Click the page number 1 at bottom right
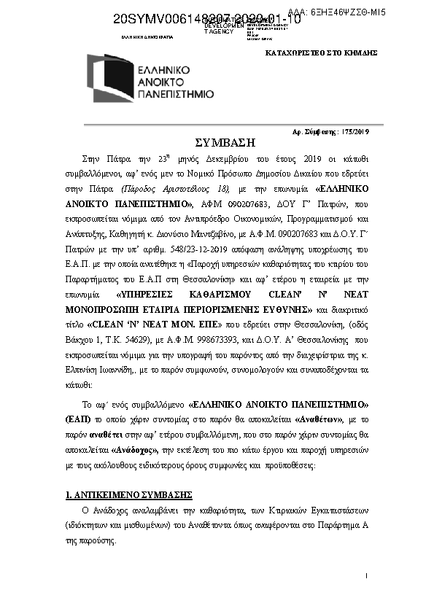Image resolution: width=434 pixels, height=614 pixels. click(365, 576)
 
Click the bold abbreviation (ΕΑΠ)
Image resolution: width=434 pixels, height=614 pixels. click(77, 421)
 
